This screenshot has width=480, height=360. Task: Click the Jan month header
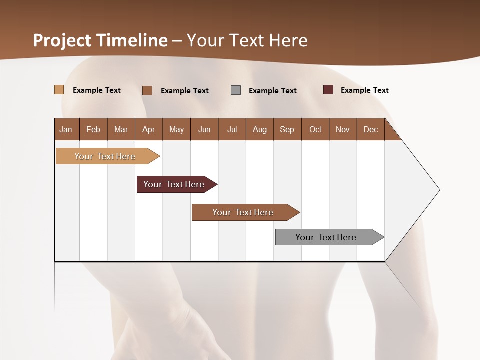(x=66, y=129)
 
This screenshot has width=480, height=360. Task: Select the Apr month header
(x=148, y=129)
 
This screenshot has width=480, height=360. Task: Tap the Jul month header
(x=232, y=129)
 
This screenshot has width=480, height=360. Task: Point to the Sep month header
(x=287, y=129)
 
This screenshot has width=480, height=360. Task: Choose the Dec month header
(x=370, y=129)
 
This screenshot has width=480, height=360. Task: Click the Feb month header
(x=93, y=129)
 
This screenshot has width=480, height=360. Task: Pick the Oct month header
(x=315, y=129)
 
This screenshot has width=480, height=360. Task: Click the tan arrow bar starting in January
(x=105, y=156)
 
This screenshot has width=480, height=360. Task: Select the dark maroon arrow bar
(x=174, y=184)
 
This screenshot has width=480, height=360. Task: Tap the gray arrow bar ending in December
(x=326, y=237)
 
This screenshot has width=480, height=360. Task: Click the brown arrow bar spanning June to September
(x=243, y=212)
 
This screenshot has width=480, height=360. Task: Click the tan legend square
(x=59, y=90)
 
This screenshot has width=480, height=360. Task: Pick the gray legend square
(x=236, y=90)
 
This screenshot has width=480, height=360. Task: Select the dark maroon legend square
(x=328, y=90)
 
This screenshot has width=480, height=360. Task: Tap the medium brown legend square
(x=147, y=90)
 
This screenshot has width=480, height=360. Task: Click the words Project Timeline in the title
(x=100, y=40)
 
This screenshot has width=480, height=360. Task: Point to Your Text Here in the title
(x=247, y=40)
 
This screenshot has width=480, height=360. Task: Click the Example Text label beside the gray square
(x=272, y=91)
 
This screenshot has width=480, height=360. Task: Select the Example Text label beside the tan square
(x=97, y=90)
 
